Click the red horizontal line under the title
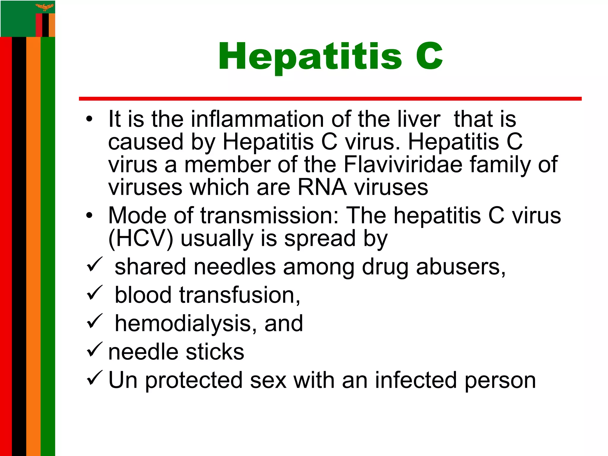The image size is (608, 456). click(x=330, y=99)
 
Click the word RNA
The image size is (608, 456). click(x=322, y=187)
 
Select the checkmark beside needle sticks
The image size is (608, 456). click(x=95, y=349)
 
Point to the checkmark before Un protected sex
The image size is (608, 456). click(x=95, y=378)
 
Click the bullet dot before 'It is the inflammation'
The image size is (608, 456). click(x=89, y=119)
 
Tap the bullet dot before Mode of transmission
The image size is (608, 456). click(x=89, y=216)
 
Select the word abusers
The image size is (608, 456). click(x=460, y=267)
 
